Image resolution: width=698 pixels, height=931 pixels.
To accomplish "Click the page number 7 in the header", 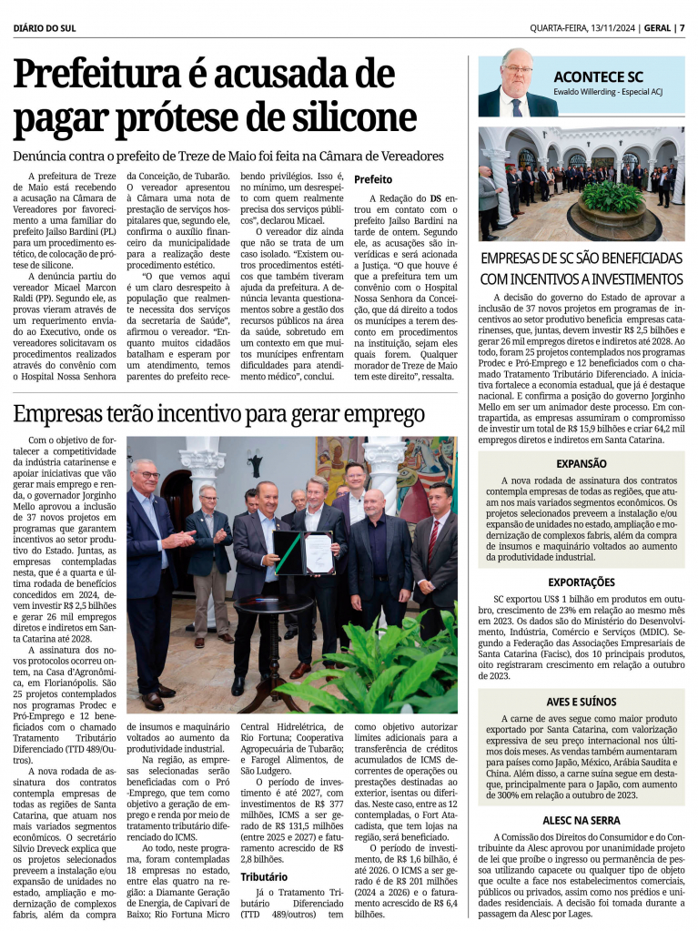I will pyautogui.click(x=682, y=26).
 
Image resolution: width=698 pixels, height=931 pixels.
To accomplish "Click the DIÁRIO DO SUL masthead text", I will pyautogui.click(x=46, y=26).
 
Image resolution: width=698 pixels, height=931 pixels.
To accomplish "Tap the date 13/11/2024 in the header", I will pyautogui.click(x=606, y=26).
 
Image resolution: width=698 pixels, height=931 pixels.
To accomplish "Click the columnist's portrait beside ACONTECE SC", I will pyautogui.click(x=515, y=84).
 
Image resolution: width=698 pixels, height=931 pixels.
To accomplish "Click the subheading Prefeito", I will pyautogui.click(x=373, y=179).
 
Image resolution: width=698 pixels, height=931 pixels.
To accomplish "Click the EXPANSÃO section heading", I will pyautogui.click(x=582, y=463).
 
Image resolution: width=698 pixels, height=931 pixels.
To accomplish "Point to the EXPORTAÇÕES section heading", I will pyautogui.click(x=582, y=582).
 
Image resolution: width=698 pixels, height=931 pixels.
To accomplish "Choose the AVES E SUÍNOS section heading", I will pyautogui.click(x=582, y=702).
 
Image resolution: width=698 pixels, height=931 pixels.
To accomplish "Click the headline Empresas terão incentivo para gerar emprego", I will pyautogui.click(x=218, y=414).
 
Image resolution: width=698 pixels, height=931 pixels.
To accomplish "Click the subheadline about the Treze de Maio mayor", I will pyautogui.click(x=228, y=157).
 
